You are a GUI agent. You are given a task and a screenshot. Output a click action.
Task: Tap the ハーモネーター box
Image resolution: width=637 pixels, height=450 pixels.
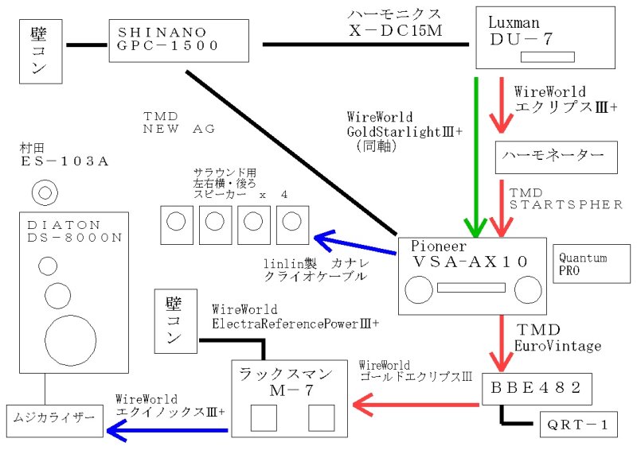click(x=556, y=157)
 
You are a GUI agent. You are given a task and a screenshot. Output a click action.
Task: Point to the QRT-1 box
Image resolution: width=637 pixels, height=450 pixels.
click(x=577, y=425)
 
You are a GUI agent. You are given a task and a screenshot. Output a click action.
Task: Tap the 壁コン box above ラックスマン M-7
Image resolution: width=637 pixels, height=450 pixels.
click(x=175, y=321)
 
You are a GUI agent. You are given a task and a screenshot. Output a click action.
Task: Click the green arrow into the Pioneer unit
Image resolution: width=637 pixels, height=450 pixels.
click(x=476, y=159)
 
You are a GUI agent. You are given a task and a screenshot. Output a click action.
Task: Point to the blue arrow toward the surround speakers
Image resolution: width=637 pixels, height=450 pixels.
click(x=354, y=244)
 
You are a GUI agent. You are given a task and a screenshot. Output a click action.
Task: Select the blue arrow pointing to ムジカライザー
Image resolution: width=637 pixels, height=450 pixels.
click(x=167, y=431)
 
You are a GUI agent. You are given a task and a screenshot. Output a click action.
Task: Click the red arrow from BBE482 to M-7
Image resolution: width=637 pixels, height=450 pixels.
click(x=414, y=406)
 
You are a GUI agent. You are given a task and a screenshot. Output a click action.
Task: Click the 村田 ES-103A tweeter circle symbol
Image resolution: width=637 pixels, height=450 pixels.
click(x=45, y=192)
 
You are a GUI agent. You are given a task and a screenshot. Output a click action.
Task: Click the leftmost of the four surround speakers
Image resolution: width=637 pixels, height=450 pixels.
click(x=177, y=224)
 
